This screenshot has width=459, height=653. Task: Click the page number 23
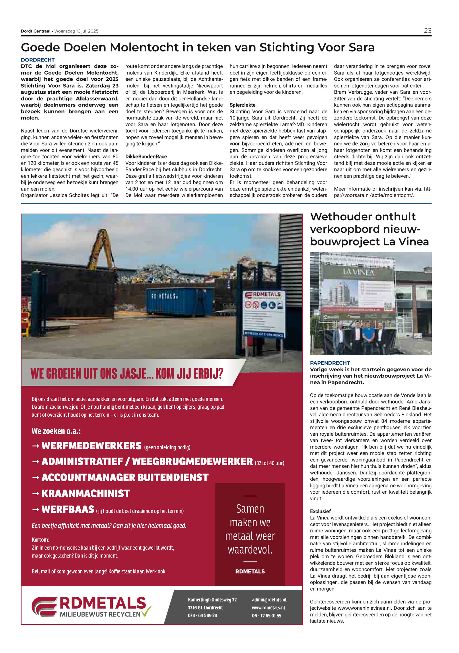[427, 31]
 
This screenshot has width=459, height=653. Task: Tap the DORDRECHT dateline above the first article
[38, 60]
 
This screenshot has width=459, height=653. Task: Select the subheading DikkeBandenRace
[146, 157]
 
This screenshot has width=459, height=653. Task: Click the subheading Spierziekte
[242, 105]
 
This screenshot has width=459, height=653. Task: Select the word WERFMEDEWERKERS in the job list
[92, 446]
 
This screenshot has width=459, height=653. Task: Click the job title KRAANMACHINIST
[86, 493]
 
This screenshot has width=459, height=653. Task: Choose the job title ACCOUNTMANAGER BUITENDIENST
[125, 477]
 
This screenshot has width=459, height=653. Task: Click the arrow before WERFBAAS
[36, 509]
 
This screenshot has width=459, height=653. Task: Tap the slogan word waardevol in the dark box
[250, 550]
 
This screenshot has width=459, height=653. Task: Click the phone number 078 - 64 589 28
[202, 615]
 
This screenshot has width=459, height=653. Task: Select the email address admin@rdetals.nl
[269, 599]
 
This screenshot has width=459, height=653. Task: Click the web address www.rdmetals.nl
[269, 607]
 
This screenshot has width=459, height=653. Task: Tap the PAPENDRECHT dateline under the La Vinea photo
[330, 363]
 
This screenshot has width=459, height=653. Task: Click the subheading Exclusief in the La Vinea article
[320, 511]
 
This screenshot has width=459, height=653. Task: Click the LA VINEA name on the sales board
[359, 272]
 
